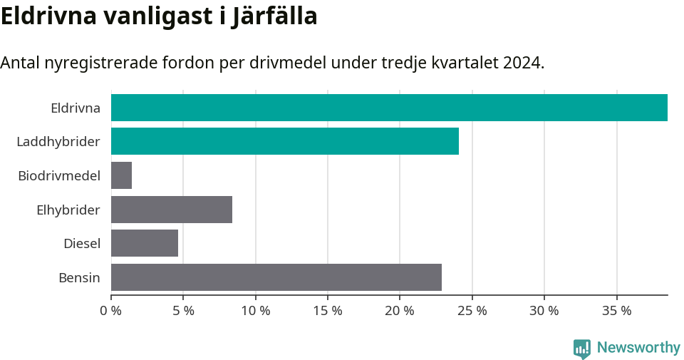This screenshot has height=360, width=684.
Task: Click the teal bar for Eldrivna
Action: [x=389, y=108]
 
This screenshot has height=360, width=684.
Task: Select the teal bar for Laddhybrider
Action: [x=285, y=141]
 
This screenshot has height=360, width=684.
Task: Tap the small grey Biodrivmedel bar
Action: [x=121, y=175]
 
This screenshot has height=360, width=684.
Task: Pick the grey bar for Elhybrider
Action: [x=172, y=210]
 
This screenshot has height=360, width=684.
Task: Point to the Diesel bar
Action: [x=145, y=243]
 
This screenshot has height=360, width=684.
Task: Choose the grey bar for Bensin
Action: [x=276, y=277]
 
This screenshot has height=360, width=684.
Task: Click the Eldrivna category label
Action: [x=75, y=108]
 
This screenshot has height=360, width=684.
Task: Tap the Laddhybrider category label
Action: [x=58, y=142]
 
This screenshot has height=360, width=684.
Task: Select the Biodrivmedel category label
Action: [x=59, y=175]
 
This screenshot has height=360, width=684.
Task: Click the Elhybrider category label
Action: [x=68, y=210]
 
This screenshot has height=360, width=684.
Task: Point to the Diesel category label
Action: [x=82, y=244]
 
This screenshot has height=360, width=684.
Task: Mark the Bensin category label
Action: [x=79, y=277]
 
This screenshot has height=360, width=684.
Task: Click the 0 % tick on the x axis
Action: [x=111, y=311]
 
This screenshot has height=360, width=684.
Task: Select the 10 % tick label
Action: [x=256, y=311]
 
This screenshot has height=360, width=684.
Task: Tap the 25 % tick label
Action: [x=472, y=311]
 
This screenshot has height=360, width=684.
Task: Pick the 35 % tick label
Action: [x=616, y=311]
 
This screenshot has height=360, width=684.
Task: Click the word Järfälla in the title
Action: [x=274, y=16]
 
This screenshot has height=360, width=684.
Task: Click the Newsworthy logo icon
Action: [x=582, y=348]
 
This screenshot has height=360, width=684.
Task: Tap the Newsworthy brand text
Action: [x=638, y=348]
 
